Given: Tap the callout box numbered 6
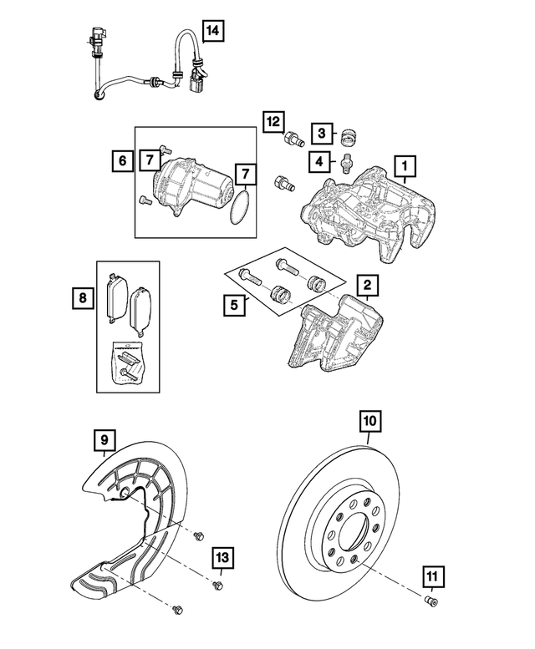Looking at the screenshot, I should point(122,158).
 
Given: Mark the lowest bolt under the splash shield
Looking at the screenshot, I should point(177,611).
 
